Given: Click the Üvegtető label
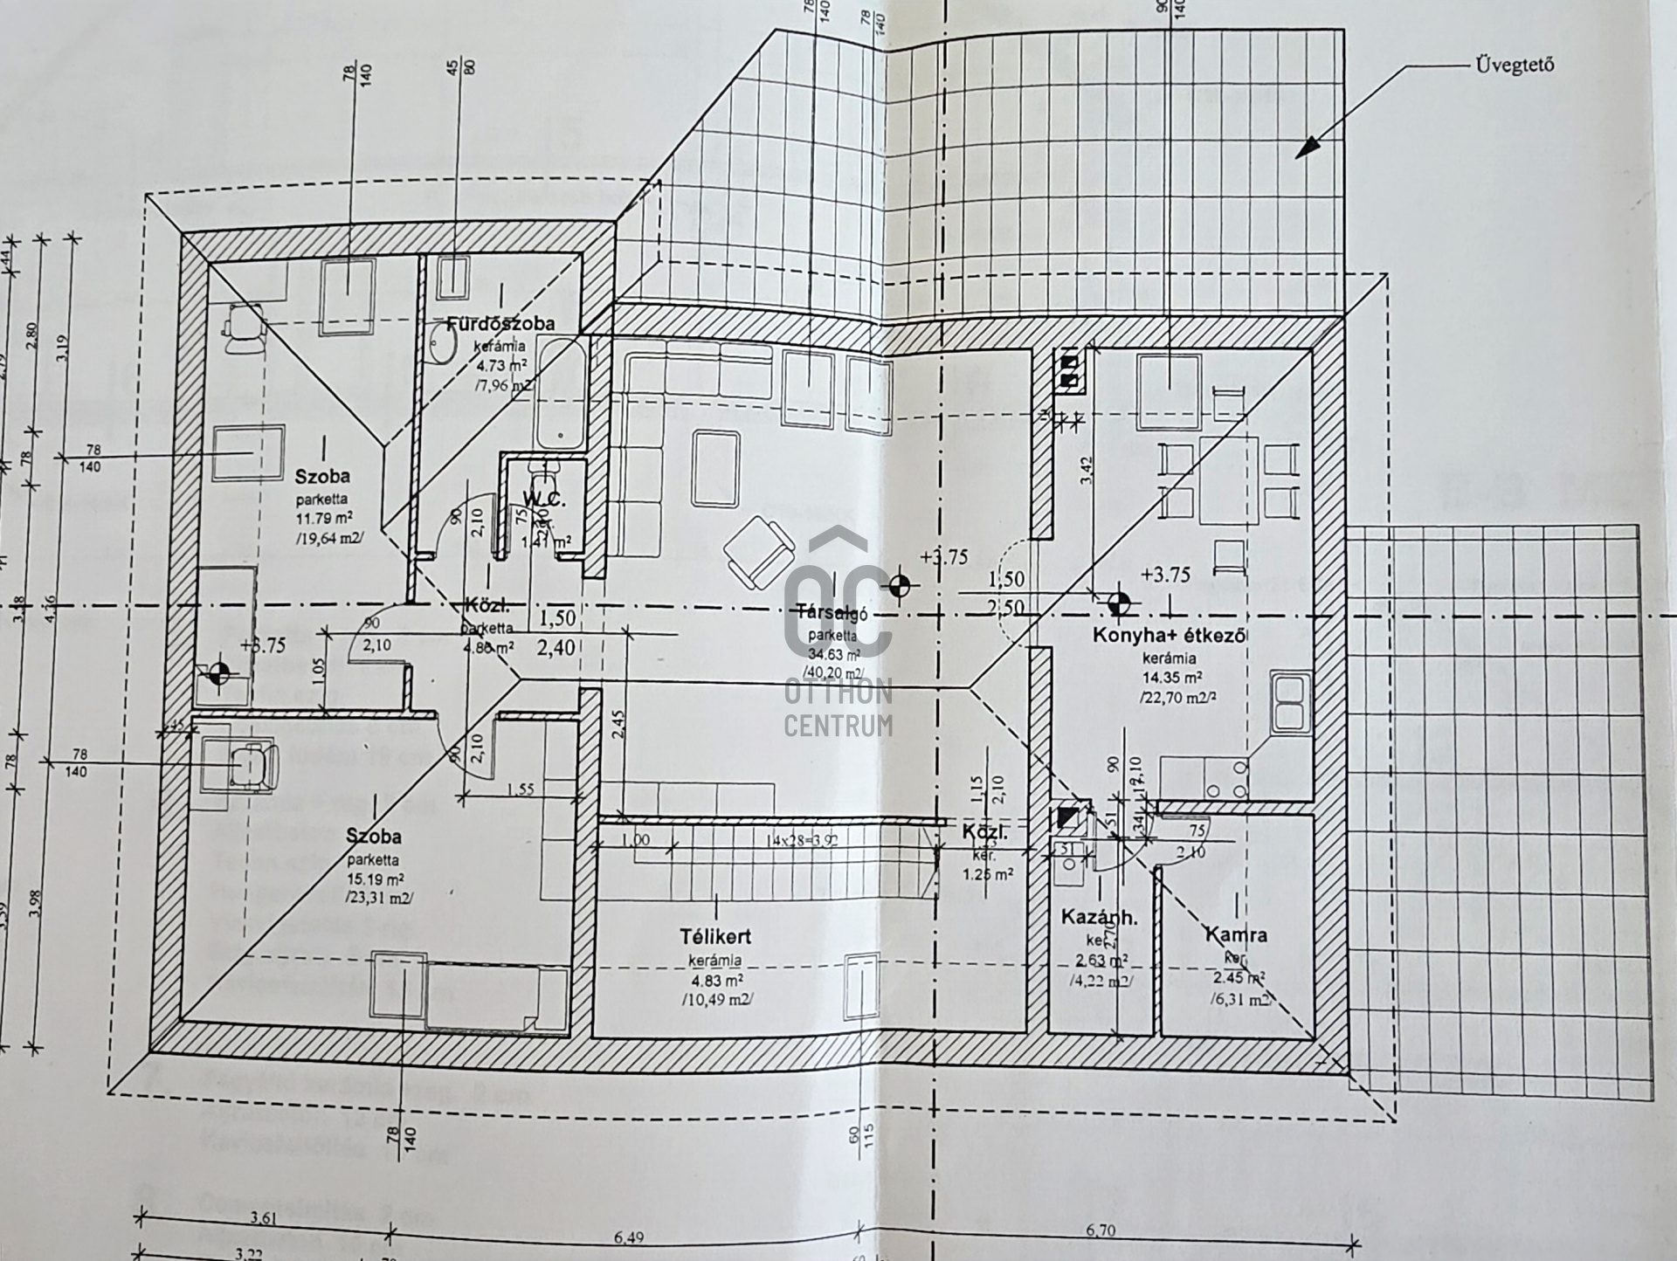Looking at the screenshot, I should [1515, 65].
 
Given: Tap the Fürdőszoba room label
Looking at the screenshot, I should [500, 323].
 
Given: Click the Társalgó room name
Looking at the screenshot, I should [825, 612].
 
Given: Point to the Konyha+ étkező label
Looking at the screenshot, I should [1169, 636].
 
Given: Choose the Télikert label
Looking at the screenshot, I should [715, 937].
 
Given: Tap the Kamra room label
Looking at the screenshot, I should [1235, 934].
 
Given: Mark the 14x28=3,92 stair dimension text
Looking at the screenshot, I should [799, 841].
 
